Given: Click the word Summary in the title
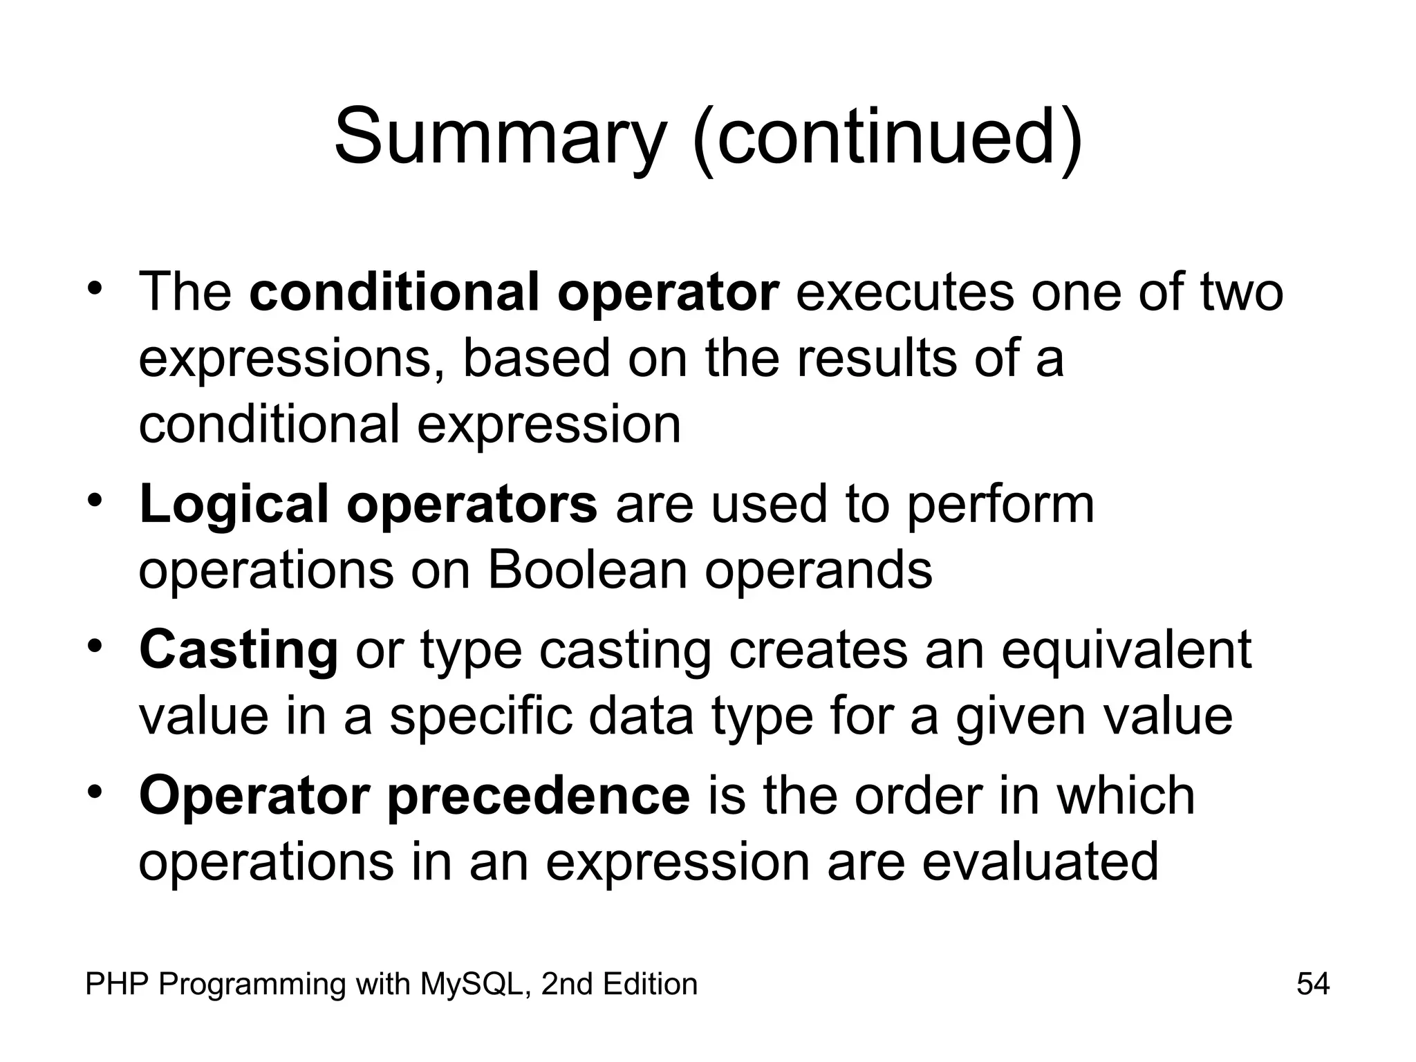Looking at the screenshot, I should [x=499, y=136].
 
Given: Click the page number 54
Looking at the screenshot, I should [x=1313, y=984].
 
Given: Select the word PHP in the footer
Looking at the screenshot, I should [x=117, y=984].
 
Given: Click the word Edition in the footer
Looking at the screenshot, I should [x=650, y=984].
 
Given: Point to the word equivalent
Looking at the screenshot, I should [x=1126, y=650].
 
